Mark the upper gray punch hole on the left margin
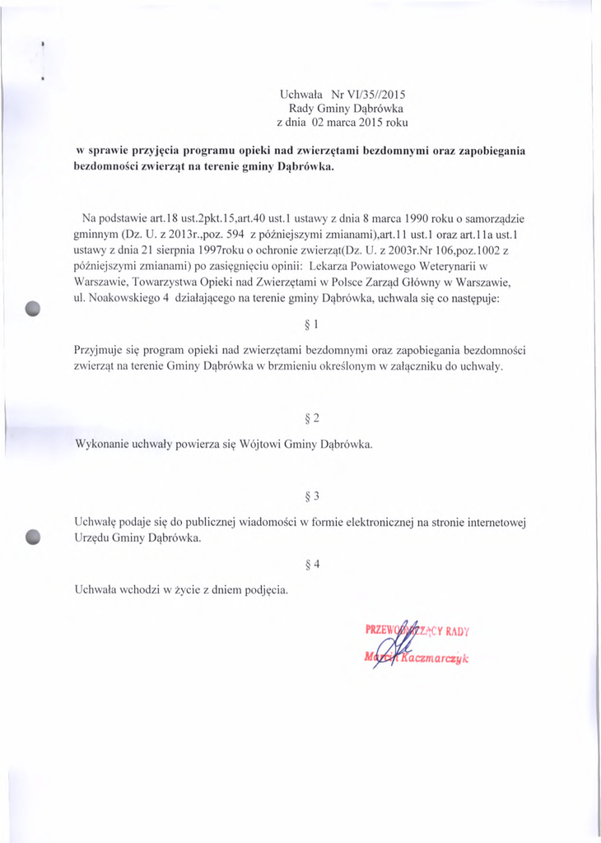pyautogui.click(x=33, y=308)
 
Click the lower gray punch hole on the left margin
pyautogui.click(x=33, y=535)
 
